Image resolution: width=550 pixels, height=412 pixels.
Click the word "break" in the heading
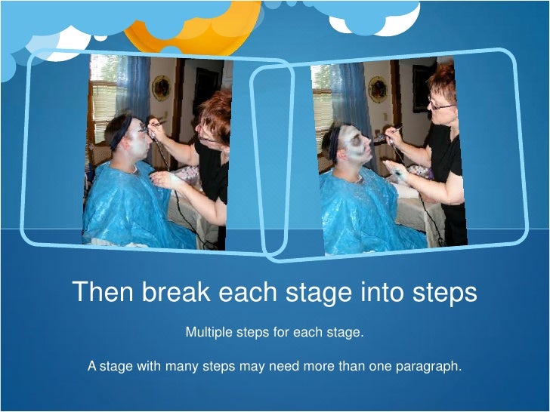pos(176,292)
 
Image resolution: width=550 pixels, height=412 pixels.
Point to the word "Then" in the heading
pos(103,291)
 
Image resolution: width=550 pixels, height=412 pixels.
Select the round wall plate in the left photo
pos(162,88)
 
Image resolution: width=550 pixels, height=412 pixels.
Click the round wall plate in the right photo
pos(378,90)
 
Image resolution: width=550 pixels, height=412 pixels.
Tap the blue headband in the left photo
pos(120,134)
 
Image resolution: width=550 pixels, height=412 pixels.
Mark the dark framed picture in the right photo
pos(423,88)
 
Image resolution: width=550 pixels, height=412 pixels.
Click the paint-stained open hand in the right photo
pos(396,171)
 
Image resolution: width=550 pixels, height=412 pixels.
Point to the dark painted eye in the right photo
pos(355,140)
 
